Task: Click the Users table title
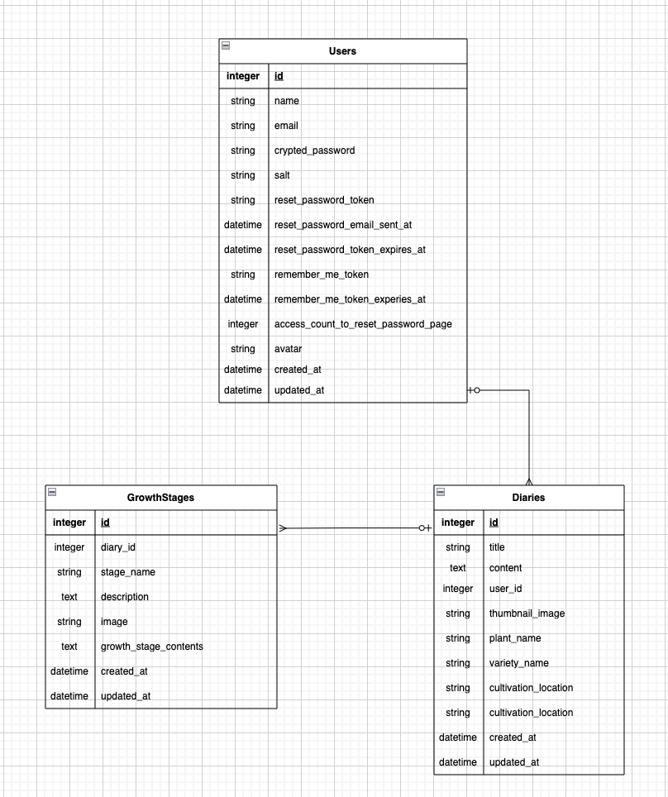point(342,51)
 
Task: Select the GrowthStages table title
point(160,498)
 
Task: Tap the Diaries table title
point(528,498)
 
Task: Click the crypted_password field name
point(314,150)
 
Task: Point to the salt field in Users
point(282,175)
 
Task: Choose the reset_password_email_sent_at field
point(342,225)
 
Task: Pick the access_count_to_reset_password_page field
point(363,324)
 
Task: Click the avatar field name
point(288,349)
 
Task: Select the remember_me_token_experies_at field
point(350,299)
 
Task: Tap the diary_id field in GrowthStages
point(117,547)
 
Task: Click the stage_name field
point(127,572)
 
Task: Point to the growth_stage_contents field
point(151,647)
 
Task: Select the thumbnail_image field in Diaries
point(527,613)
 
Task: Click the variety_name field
point(518,663)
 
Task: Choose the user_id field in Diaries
point(505,589)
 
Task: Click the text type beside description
point(69,597)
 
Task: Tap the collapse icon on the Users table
point(226,45)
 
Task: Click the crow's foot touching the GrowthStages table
point(283,527)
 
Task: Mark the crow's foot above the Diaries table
point(529,480)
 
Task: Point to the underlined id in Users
point(279,76)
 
